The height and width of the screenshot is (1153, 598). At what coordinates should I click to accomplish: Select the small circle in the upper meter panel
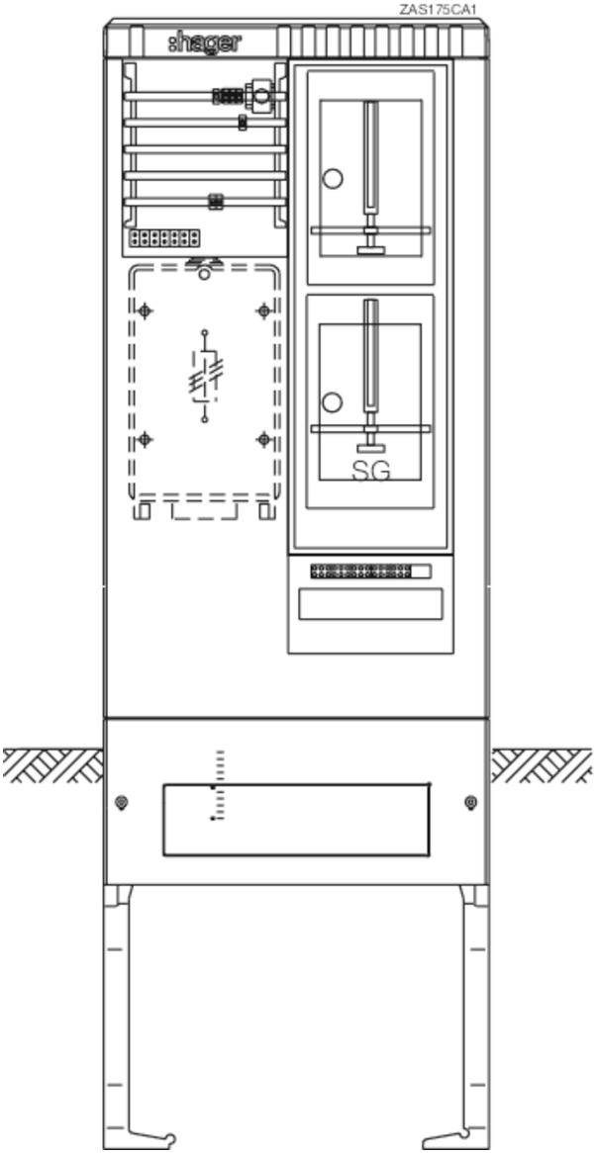(334, 178)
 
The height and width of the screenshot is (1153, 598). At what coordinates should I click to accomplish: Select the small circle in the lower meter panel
(333, 402)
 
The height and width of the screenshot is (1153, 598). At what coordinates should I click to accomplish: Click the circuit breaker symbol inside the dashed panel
(204, 377)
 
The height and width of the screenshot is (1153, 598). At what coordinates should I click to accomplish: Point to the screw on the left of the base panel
(122, 802)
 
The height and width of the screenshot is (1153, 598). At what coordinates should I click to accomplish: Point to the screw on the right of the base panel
(470, 802)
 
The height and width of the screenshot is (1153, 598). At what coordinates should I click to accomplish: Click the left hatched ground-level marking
(52, 764)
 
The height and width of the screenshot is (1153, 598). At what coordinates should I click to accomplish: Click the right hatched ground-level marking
(542, 764)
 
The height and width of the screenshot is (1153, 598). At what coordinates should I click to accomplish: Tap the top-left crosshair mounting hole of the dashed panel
(146, 311)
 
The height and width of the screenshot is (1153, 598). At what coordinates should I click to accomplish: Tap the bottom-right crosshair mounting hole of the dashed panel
(263, 440)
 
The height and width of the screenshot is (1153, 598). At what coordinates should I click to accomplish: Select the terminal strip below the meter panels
(370, 571)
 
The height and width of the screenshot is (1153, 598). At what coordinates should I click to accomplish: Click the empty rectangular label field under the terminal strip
(370, 604)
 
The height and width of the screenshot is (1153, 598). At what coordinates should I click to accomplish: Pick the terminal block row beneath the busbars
(164, 238)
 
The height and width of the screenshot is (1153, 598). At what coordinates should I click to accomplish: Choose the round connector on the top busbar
(260, 95)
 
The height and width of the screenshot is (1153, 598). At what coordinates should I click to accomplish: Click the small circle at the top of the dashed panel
(204, 274)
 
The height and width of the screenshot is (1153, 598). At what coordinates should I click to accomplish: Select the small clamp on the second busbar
(243, 123)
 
